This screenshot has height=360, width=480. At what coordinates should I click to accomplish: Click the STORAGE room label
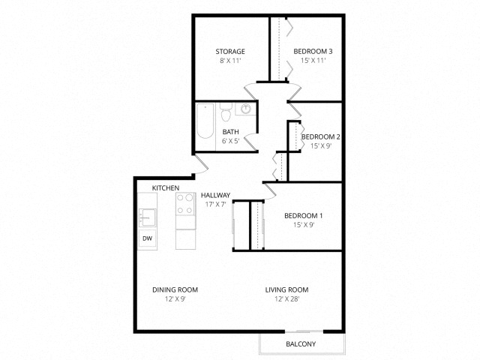click(x=230, y=52)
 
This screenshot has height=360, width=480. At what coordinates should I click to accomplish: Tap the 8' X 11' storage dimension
click(x=230, y=61)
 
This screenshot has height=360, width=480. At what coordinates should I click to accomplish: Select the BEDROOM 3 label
click(x=313, y=52)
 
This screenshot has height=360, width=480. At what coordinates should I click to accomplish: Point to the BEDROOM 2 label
click(x=320, y=136)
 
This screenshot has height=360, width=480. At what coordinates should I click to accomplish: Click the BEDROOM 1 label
click(x=303, y=216)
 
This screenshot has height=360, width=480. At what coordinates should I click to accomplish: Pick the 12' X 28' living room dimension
click(x=286, y=298)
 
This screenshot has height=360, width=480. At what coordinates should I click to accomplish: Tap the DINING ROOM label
click(x=175, y=289)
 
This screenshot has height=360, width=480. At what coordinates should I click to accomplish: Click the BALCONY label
click(x=301, y=344)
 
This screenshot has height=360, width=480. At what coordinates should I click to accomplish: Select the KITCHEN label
click(x=166, y=188)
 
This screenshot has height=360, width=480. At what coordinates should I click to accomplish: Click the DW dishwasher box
click(x=147, y=238)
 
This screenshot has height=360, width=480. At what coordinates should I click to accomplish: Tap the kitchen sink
click(x=147, y=217)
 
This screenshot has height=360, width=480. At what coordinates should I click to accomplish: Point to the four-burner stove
click(x=185, y=204)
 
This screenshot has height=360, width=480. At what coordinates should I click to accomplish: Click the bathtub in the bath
click(x=205, y=121)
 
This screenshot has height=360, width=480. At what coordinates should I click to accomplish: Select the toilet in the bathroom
click(x=226, y=112)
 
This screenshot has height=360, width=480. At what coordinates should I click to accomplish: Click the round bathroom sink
click(x=245, y=109)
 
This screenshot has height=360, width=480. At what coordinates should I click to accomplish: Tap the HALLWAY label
click(x=215, y=195)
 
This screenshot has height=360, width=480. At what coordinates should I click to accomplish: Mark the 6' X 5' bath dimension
click(x=230, y=141)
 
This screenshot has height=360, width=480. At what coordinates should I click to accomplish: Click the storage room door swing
click(x=250, y=91)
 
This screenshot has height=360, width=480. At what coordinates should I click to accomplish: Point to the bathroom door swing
click(x=251, y=142)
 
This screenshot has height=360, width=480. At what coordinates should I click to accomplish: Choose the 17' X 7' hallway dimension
click(x=215, y=204)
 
